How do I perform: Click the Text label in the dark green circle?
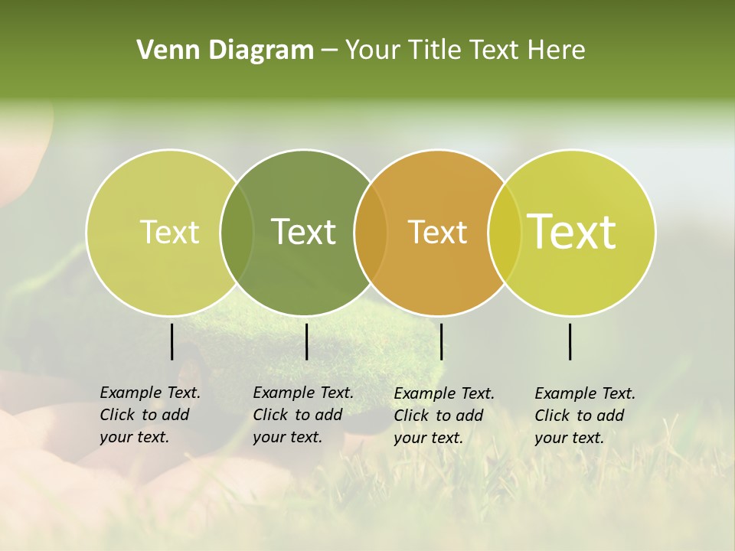[x=304, y=232]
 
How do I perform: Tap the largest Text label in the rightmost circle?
[x=572, y=232]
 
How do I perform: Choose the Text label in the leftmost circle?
[x=169, y=232]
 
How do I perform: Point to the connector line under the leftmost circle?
[x=171, y=341]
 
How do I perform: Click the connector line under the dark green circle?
[x=306, y=341]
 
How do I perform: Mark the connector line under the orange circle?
[x=441, y=341]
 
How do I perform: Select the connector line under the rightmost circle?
[x=570, y=341]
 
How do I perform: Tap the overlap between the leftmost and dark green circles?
[x=237, y=233]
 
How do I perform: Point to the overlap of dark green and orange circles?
[x=371, y=233]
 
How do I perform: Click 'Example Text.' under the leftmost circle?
[x=150, y=393]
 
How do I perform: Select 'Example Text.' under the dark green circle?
[x=303, y=393]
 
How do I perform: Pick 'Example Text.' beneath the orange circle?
[x=444, y=393]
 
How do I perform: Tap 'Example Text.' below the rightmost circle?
[x=585, y=393]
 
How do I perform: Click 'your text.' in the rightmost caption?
[x=569, y=439]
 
